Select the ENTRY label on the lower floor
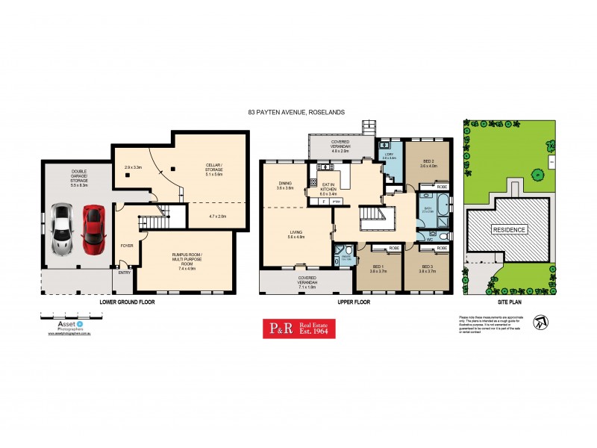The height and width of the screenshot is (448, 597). tap(124, 273)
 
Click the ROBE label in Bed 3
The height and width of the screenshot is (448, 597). tap(442, 247)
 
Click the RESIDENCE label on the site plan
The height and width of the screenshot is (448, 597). tap(508, 229)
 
